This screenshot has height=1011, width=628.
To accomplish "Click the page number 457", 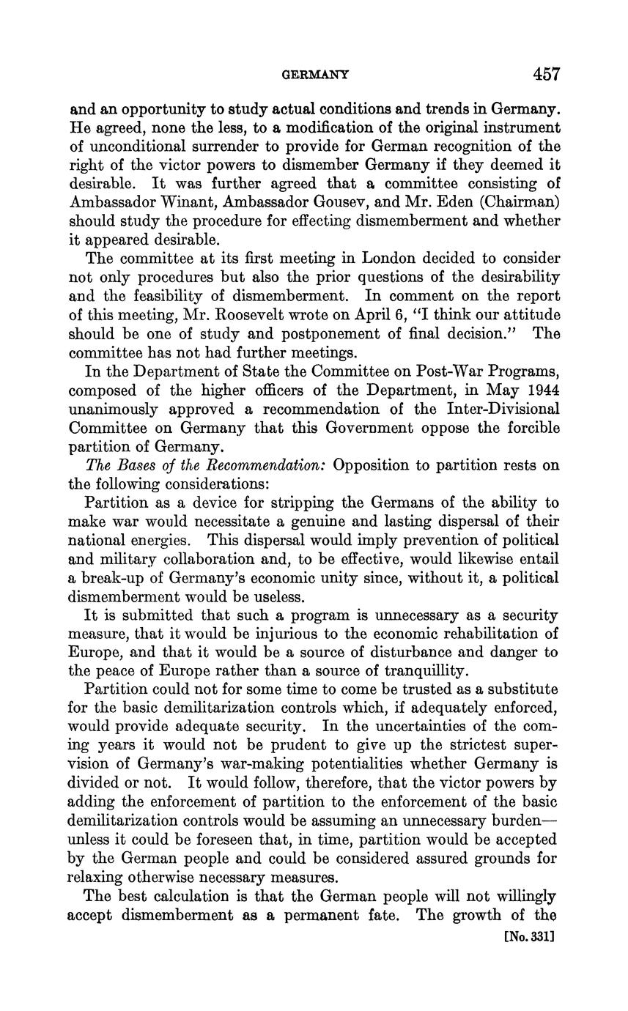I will click(x=546, y=74).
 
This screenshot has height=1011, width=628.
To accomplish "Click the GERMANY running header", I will click(x=316, y=75).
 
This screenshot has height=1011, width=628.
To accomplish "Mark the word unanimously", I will click(x=125, y=409).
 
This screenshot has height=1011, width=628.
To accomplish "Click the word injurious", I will click(x=263, y=634).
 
